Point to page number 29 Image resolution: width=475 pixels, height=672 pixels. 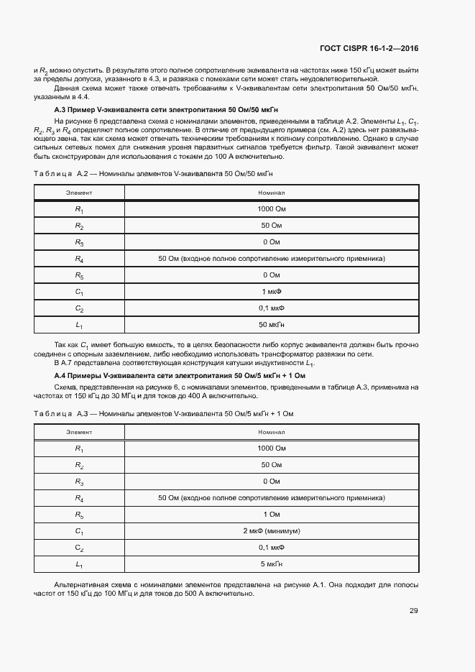pos(413,611)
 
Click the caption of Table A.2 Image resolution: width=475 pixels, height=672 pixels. pos(154,174)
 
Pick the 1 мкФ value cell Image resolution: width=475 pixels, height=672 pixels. pos(271,292)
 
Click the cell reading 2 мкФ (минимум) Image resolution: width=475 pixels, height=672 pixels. pos(271,530)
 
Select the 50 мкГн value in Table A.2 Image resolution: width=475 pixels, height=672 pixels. pos(271,325)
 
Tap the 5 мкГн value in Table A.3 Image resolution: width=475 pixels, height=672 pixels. pos(271,564)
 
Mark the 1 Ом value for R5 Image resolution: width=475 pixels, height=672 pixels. pos(271,514)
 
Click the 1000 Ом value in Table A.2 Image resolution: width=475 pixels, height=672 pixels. pos(271,209)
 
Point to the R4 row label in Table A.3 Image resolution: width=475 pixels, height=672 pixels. pos(79,497)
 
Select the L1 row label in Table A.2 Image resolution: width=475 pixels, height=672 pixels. pos(79,326)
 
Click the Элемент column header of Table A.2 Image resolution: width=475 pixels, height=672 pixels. pos(79,193)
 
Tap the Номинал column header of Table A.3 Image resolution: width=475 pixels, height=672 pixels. pos(271,432)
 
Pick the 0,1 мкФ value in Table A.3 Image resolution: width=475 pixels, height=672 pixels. pos(271,547)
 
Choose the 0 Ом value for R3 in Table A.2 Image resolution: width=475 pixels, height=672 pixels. pos(271,242)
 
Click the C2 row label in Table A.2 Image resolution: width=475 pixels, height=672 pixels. pos(79,309)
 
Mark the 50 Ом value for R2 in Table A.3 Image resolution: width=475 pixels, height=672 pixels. pos(271,465)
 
